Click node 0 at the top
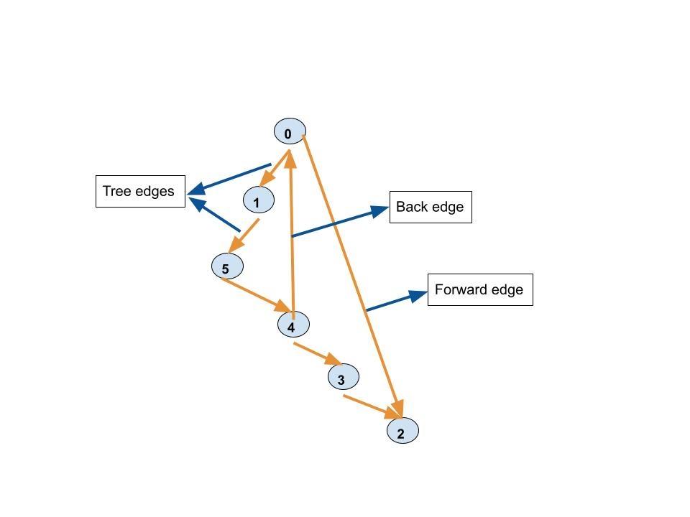290,132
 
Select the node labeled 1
259,201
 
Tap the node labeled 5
227,266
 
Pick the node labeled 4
293,325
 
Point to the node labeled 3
344,377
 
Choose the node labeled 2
402,431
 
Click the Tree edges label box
140,191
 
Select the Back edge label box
431,208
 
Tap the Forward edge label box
480,290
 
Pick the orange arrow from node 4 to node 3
317,354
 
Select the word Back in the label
410,208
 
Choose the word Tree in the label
116,191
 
